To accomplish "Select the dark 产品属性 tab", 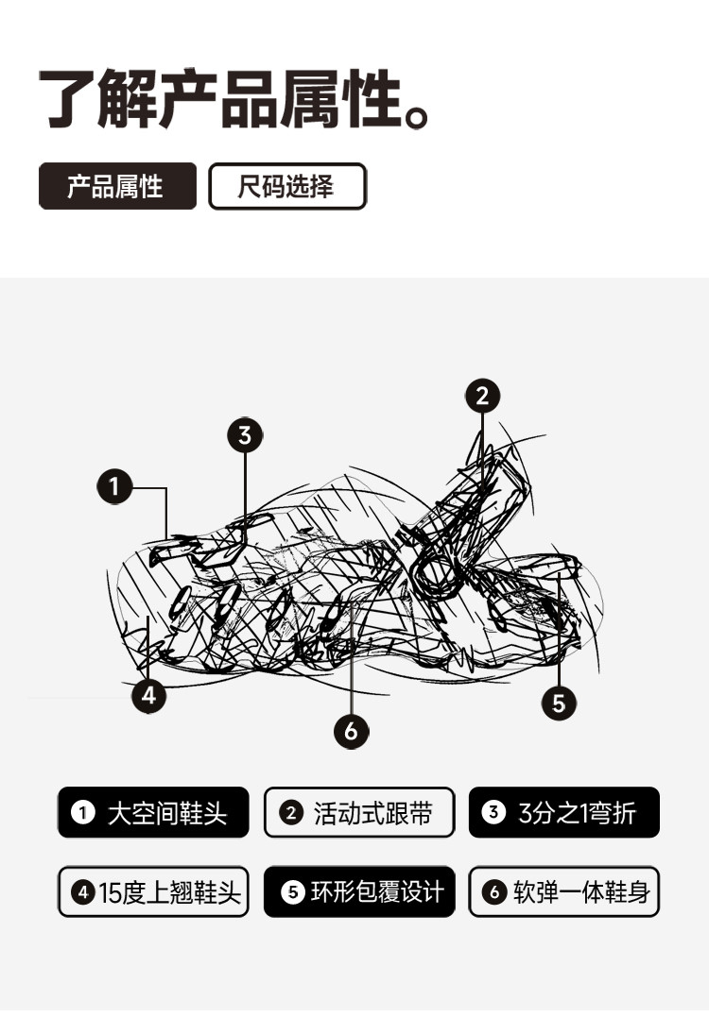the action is (x=117, y=186).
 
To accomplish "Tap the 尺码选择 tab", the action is (x=287, y=186).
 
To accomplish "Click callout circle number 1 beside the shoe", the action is (x=114, y=486).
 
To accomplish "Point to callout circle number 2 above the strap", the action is (x=482, y=396).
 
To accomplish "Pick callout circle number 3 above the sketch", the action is (x=245, y=435).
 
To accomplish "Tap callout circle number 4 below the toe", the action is (x=148, y=695).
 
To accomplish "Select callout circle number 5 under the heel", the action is (x=559, y=703).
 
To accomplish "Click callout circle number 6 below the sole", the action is (x=352, y=732).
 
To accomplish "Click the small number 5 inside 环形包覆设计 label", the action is (x=293, y=892).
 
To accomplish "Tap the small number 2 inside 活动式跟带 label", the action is (x=291, y=813).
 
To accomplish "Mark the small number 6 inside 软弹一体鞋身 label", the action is (x=494, y=892).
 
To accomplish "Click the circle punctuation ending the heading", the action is (x=417, y=117).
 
